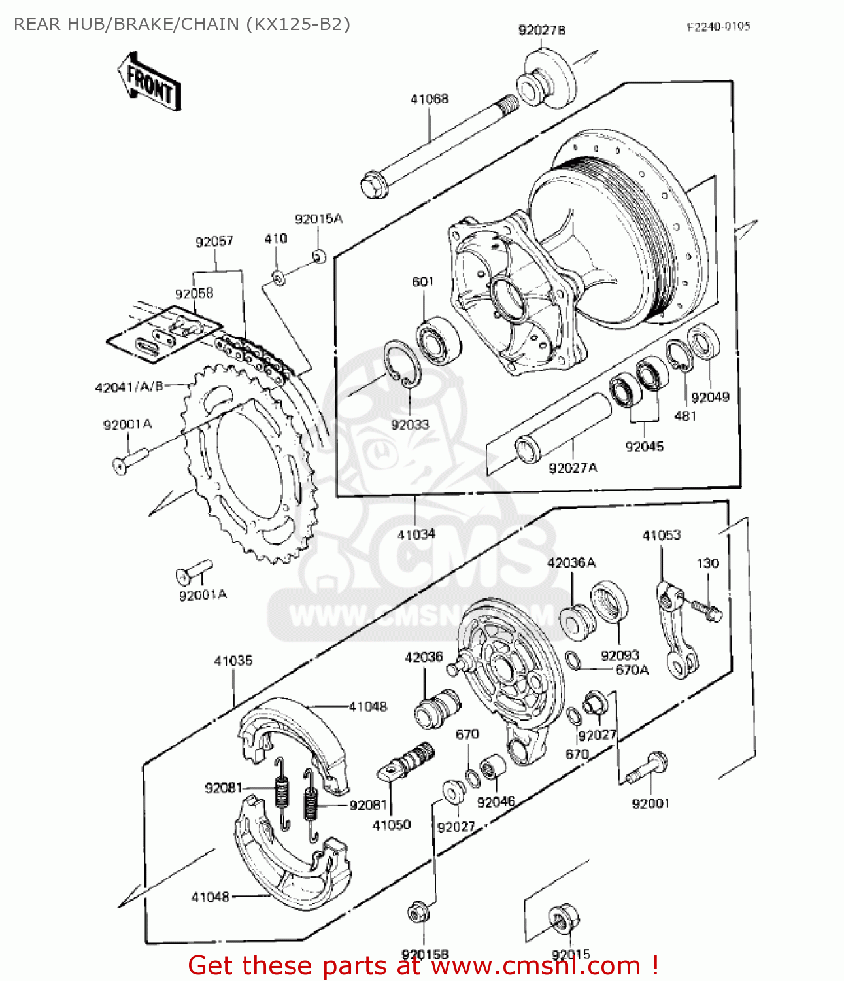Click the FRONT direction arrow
[149, 82]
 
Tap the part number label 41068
[429, 99]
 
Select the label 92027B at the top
[541, 30]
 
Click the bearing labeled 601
[437, 339]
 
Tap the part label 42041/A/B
[129, 387]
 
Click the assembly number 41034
[416, 535]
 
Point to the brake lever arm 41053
[676, 631]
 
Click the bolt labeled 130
[707, 610]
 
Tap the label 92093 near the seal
[620, 655]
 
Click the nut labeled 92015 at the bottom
[564, 920]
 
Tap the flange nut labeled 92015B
[418, 912]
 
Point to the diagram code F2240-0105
[718, 27]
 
